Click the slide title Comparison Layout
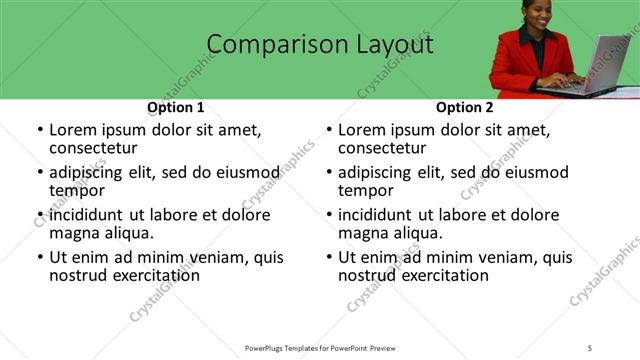pyautogui.click(x=319, y=45)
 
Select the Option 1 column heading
pyautogui.click(x=176, y=107)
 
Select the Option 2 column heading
pyautogui.click(x=465, y=107)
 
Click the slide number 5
pyautogui.click(x=591, y=347)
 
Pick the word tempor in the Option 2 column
pyautogui.click(x=366, y=191)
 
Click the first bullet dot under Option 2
pyautogui.click(x=329, y=131)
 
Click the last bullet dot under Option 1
pyautogui.click(x=40, y=258)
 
